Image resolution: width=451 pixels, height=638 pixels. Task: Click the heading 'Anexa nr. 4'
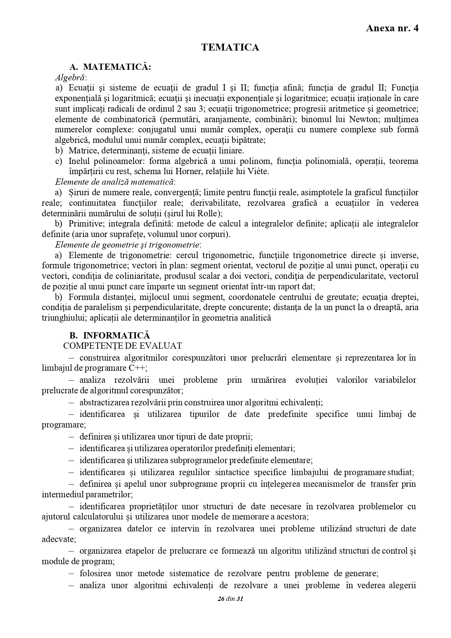(392, 28)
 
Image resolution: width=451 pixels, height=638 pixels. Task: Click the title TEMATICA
(230, 48)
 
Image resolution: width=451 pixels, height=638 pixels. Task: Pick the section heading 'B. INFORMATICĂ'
(109, 335)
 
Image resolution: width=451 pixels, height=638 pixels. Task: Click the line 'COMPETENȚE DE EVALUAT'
(122, 345)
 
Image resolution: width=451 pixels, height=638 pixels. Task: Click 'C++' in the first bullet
(137, 368)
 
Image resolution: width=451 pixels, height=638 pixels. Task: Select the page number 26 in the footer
(220, 599)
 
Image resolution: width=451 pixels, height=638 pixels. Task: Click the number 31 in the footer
(239, 599)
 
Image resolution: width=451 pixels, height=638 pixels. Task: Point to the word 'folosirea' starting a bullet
(96, 573)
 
